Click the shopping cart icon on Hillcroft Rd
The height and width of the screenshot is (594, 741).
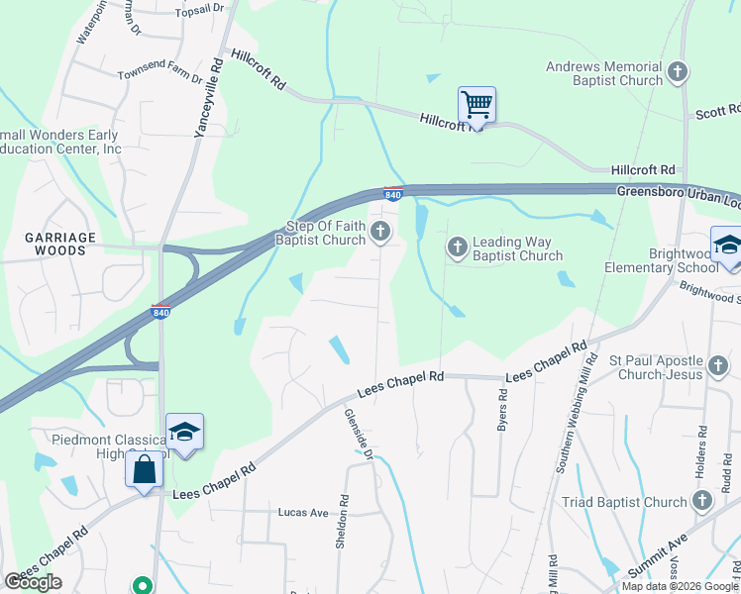click(476, 104)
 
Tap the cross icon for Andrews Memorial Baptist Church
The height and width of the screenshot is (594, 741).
click(678, 71)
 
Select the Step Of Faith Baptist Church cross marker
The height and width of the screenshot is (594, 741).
click(381, 233)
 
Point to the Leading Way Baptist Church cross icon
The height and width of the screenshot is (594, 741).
click(457, 246)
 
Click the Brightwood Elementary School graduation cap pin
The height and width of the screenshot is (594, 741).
click(727, 245)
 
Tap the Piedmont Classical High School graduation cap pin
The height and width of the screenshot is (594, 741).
click(184, 432)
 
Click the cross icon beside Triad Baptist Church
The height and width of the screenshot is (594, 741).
click(701, 501)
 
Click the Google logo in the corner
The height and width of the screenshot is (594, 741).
click(33, 581)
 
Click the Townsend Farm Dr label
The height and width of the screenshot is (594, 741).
click(160, 76)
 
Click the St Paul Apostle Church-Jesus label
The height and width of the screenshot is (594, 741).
click(669, 366)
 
